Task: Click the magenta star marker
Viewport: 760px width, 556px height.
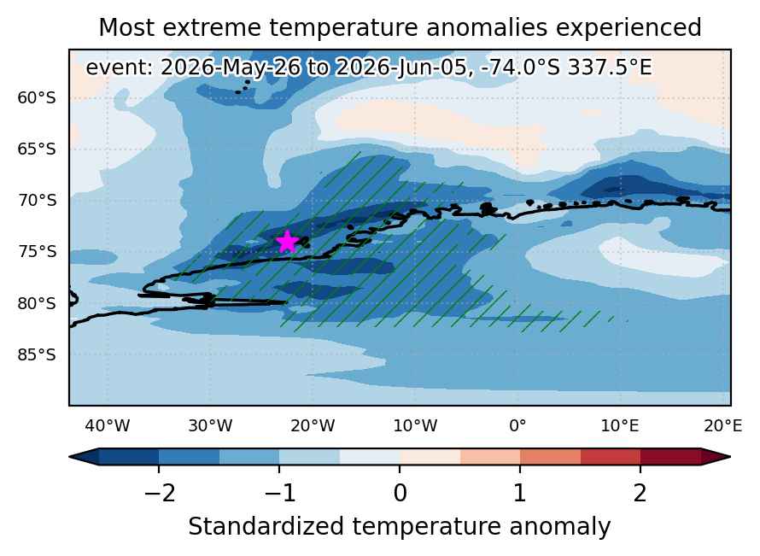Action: (288, 242)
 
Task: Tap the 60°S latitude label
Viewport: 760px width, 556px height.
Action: (37, 98)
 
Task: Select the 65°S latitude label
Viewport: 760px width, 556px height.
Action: (37, 149)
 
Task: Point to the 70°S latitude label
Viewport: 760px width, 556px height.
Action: (37, 200)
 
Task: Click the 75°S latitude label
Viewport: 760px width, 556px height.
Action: (37, 252)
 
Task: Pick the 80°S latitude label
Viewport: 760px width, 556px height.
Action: (37, 303)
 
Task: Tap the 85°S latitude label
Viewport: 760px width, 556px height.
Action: (37, 354)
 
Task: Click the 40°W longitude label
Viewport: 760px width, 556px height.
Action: (107, 425)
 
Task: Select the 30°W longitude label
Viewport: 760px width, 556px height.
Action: (210, 425)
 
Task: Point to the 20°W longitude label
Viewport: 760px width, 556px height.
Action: (313, 425)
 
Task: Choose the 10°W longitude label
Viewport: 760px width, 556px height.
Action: (415, 425)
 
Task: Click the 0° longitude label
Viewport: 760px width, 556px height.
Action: (518, 425)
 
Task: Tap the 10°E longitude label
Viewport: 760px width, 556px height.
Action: (620, 425)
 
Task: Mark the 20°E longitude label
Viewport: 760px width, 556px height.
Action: (722, 425)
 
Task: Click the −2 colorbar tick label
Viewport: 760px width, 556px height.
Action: (160, 494)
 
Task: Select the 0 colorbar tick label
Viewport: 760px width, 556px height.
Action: (400, 494)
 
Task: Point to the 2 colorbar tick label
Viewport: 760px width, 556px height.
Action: (640, 494)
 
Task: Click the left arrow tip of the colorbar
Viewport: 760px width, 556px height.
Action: (70, 457)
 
